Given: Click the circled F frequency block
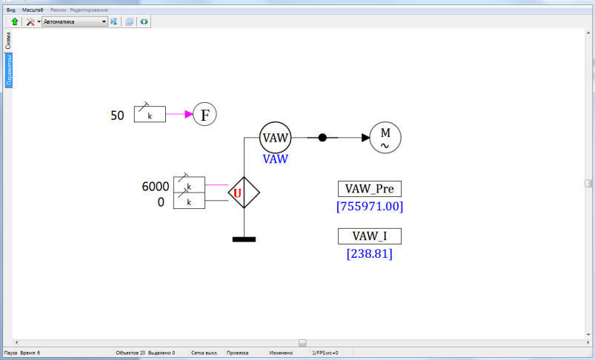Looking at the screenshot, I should pyautogui.click(x=205, y=115).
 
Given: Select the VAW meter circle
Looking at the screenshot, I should pyautogui.click(x=276, y=137).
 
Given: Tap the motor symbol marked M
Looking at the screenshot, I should pyautogui.click(x=385, y=137).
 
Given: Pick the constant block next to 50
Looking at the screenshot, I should pyautogui.click(x=150, y=115).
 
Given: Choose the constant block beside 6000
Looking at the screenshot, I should pyautogui.click(x=189, y=185).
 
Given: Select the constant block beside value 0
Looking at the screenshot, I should pyautogui.click(x=189, y=201).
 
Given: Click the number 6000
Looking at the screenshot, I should pyautogui.click(x=156, y=186).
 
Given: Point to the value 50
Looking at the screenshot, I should pyautogui.click(x=117, y=116).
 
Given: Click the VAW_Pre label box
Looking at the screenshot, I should pyautogui.click(x=370, y=189).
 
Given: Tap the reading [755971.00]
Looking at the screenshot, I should pyautogui.click(x=370, y=206).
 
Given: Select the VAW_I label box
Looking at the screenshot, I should pyautogui.click(x=369, y=236).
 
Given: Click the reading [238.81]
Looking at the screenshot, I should pyautogui.click(x=369, y=253).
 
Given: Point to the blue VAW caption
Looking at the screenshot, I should pyautogui.click(x=276, y=159).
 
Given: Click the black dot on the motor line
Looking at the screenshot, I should pyautogui.click(x=322, y=137).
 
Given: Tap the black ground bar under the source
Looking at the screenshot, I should pyautogui.click(x=244, y=239).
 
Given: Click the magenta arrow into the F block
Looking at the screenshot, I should pyautogui.click(x=179, y=115).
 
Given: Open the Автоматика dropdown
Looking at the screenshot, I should pyautogui.click(x=75, y=22).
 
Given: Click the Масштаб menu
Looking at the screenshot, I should pyautogui.click(x=33, y=10).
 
